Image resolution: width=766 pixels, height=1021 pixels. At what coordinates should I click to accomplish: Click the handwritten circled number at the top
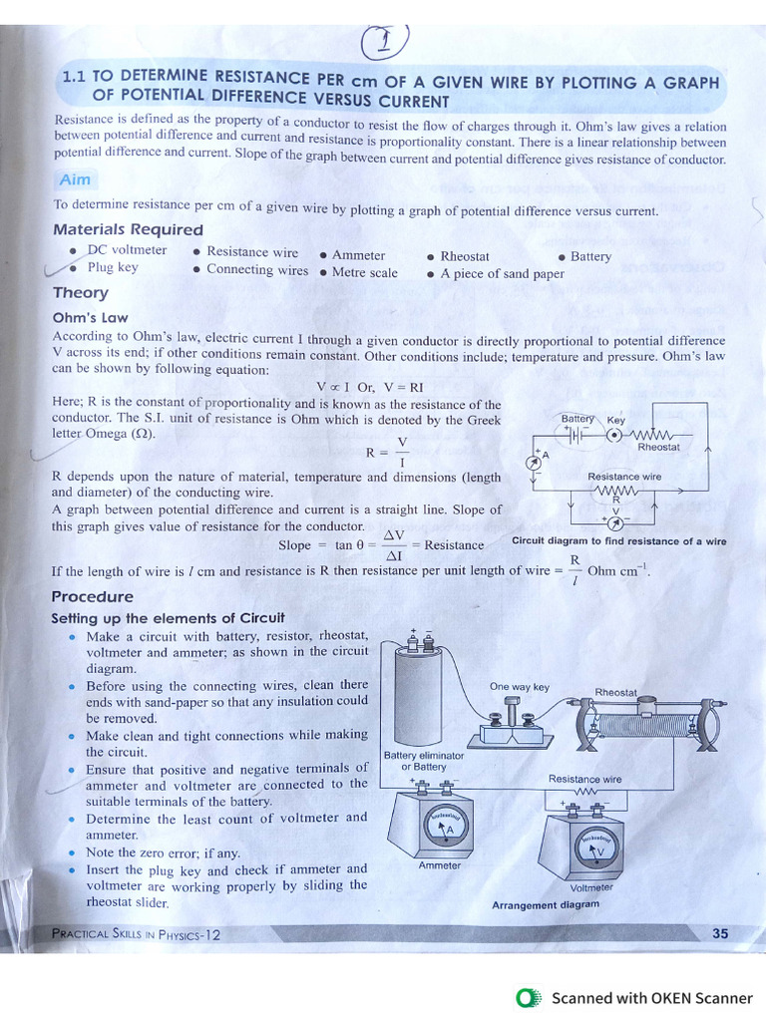point(384,43)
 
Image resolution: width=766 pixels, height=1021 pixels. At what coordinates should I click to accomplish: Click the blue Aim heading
point(75,179)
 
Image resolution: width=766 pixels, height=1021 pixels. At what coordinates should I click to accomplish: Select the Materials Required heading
point(128,230)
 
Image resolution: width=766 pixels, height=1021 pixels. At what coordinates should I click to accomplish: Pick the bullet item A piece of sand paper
point(501,274)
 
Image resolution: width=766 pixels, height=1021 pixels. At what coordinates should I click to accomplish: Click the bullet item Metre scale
point(363,273)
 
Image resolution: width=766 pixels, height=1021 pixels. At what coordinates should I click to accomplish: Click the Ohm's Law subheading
point(91,317)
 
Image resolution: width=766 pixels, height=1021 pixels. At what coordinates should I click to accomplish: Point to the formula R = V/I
point(387,452)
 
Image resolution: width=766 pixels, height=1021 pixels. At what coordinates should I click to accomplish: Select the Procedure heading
point(92,596)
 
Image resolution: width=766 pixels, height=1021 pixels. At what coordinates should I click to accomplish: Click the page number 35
point(720,934)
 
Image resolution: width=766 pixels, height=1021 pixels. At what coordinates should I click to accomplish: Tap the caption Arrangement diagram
point(546,905)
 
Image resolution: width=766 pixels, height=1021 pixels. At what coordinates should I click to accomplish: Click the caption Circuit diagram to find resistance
point(618,541)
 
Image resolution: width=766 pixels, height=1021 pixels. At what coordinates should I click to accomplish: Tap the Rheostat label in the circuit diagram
point(658,448)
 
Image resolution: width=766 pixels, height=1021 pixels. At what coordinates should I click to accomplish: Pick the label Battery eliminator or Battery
point(423,762)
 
